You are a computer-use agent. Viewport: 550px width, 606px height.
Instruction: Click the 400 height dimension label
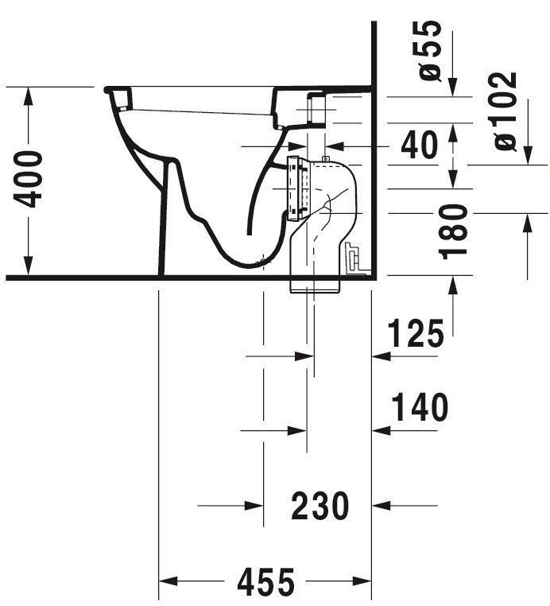coord(28,179)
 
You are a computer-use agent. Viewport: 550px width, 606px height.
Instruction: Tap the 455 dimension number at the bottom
coord(265,582)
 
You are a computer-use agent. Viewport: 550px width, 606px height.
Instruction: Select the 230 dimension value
coord(320,506)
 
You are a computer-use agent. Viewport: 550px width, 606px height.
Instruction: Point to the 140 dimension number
coord(420,407)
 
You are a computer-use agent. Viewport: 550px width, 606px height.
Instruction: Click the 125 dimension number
coord(416,333)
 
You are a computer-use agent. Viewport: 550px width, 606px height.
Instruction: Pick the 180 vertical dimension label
coord(454,232)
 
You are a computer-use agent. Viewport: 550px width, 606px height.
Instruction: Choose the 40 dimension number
coord(420,146)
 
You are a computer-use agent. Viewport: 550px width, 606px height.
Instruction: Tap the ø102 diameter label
coord(505,111)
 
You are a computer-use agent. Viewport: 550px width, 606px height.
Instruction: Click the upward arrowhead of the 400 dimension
coord(28,96)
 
